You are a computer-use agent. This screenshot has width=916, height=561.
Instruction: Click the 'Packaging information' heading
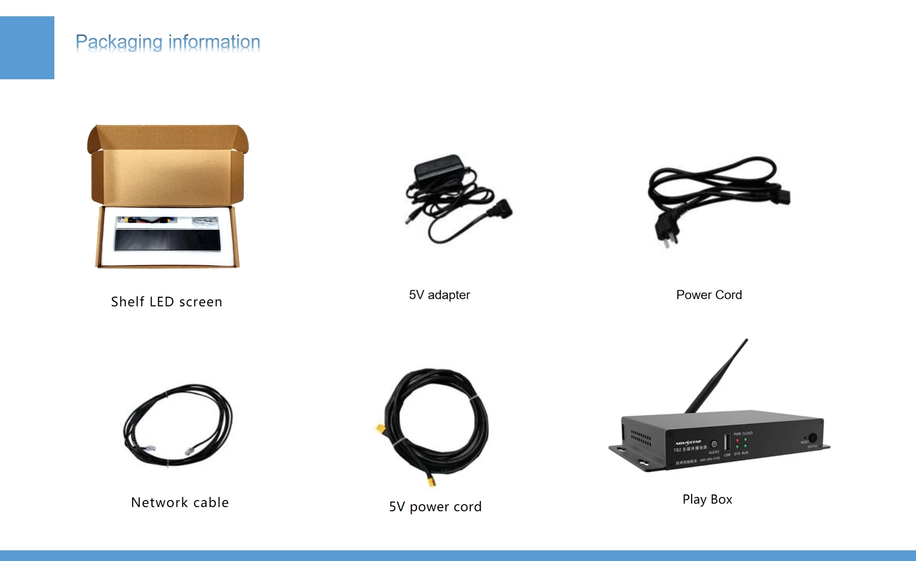click(x=168, y=42)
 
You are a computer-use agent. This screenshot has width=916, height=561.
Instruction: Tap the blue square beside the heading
click(x=27, y=48)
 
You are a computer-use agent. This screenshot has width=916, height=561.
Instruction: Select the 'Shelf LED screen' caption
click(x=167, y=302)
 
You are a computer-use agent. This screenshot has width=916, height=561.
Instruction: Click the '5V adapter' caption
click(x=439, y=295)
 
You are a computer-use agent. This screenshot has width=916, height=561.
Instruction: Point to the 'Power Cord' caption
click(x=709, y=295)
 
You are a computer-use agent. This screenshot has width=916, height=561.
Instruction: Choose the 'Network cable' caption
click(x=180, y=503)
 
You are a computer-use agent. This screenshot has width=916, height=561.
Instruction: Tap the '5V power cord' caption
click(x=435, y=507)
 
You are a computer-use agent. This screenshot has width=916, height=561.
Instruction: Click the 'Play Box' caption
click(x=707, y=500)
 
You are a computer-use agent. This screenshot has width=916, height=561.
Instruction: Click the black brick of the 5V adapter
click(x=440, y=168)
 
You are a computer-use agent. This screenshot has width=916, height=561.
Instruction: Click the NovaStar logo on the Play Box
click(x=688, y=443)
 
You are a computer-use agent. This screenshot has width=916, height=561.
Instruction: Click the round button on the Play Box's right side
click(x=812, y=438)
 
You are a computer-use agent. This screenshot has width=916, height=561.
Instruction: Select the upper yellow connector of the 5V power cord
click(x=380, y=430)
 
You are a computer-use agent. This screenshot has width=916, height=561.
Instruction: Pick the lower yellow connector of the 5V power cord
click(x=431, y=480)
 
